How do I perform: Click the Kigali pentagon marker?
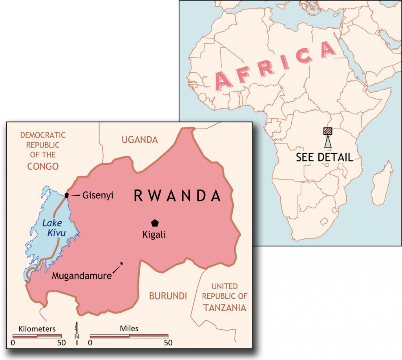155,223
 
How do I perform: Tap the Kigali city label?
154,235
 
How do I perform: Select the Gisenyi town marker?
67,195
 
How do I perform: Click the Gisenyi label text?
98,195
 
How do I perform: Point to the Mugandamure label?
82,276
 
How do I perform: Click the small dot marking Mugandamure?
122,263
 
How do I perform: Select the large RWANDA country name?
177,196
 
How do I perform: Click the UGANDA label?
140,140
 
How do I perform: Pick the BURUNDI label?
168,296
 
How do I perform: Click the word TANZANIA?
225,308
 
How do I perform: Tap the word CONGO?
43,166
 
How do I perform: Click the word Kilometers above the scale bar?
37,329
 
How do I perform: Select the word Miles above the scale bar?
129,329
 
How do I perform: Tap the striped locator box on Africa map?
328,131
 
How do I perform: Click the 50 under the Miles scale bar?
168,343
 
